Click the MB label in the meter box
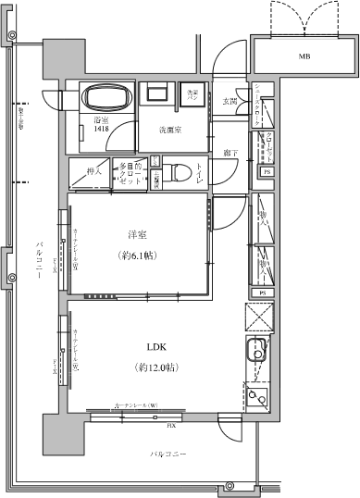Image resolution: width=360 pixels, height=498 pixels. (x=304, y=57)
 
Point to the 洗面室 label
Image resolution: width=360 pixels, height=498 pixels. (x=168, y=130)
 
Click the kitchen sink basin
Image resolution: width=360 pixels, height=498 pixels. (x=258, y=353)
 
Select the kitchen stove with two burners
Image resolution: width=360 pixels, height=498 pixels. (x=258, y=395)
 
